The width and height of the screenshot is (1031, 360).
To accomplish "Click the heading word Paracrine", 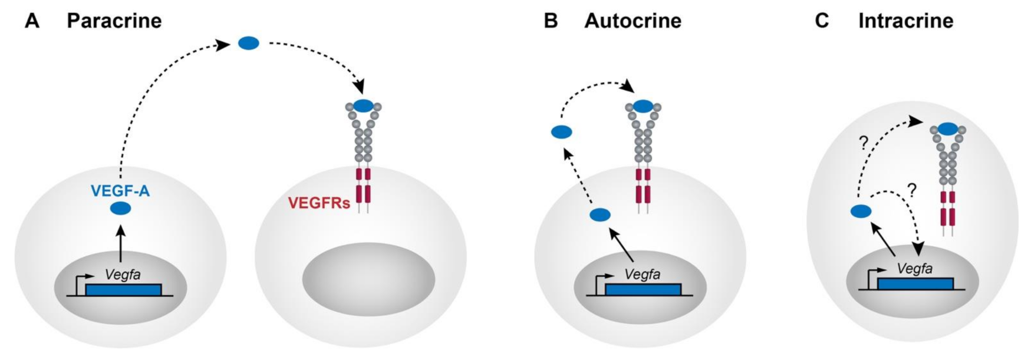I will [114, 21].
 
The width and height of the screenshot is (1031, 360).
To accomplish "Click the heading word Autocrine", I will [633, 21].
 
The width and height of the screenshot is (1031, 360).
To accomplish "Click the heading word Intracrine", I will [905, 21].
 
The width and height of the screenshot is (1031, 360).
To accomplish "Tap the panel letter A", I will [32, 21].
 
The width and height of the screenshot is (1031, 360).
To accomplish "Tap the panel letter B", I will [551, 21].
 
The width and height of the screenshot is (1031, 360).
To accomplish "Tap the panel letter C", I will [822, 21].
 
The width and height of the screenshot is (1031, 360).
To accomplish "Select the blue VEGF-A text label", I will [120, 191].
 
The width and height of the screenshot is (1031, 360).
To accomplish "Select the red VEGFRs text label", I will [319, 204].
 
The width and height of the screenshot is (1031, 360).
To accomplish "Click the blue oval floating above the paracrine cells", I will [248, 43].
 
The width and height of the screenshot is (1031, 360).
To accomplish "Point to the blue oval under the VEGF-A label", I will [120, 208].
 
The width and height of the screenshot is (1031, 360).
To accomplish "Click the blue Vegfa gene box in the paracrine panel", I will [123, 289].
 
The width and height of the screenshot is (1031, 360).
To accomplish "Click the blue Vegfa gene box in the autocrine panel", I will [643, 289].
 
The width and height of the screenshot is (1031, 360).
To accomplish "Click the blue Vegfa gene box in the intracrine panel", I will [915, 283].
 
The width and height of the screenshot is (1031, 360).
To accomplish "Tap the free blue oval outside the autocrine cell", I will [561, 133].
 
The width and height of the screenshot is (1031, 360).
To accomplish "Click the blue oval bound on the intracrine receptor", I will [947, 128].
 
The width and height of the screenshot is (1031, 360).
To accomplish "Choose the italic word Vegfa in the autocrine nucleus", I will [642, 274].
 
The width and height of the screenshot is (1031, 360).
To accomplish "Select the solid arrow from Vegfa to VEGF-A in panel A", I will [120, 242].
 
